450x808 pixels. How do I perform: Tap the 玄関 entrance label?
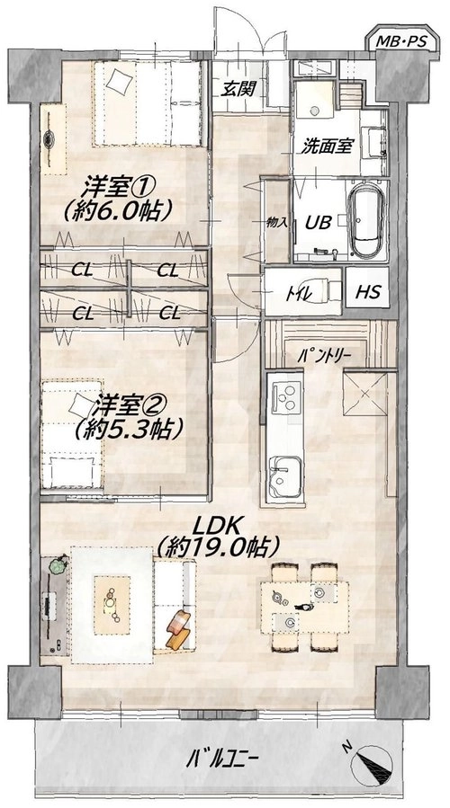click(x=237, y=89)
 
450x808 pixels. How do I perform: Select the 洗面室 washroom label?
click(x=327, y=147)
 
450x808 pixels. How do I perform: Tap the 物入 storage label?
click(x=276, y=223)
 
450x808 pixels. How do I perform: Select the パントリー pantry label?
click(x=325, y=356)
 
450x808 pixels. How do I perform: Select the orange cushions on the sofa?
click(x=178, y=630)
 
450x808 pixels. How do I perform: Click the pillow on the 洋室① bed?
click(x=120, y=82)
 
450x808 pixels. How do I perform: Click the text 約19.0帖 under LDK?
click(x=220, y=547)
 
